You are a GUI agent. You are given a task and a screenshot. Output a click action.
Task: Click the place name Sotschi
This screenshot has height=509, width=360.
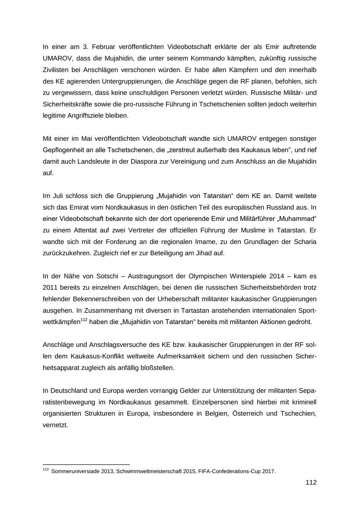click(x=94, y=277)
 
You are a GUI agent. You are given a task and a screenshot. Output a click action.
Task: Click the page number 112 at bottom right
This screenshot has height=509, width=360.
click(x=311, y=483)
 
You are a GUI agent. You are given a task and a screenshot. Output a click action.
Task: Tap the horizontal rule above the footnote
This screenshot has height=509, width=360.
click(x=86, y=465)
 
